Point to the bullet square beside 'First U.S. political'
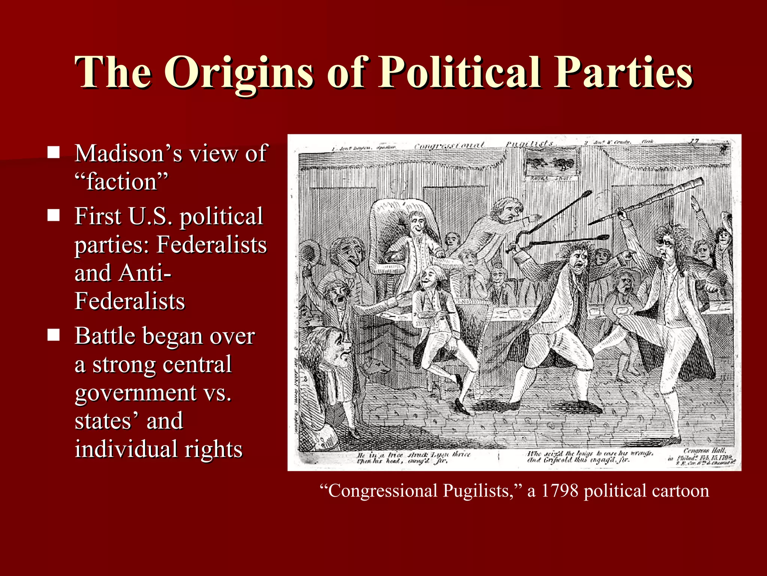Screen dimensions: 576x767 [x=54, y=215]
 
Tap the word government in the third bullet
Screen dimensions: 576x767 [x=136, y=393]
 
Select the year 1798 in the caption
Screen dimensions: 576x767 [x=560, y=491]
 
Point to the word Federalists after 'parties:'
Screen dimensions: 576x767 [x=212, y=244]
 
